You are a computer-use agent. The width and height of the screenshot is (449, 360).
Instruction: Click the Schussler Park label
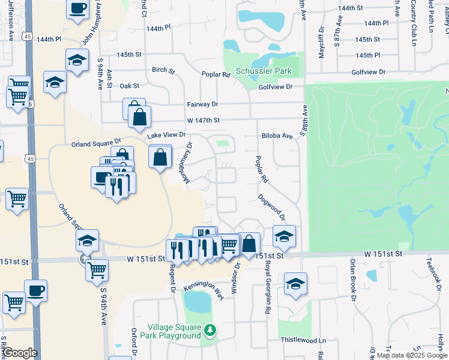[264, 71]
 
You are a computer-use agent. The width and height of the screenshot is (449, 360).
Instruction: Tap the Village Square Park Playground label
[174, 332]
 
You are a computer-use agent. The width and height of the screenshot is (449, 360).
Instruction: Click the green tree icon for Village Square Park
[209, 330]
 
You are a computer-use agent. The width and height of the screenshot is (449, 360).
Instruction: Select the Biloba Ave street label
[277, 136]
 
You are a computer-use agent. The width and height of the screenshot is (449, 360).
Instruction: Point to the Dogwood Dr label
[271, 208]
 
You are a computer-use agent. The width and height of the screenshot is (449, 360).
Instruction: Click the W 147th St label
[203, 121]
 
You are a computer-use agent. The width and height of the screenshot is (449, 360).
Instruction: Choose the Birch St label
[163, 71]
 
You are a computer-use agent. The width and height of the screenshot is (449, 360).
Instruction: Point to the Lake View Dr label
[167, 136]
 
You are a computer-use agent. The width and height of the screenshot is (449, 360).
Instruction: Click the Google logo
[20, 353]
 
